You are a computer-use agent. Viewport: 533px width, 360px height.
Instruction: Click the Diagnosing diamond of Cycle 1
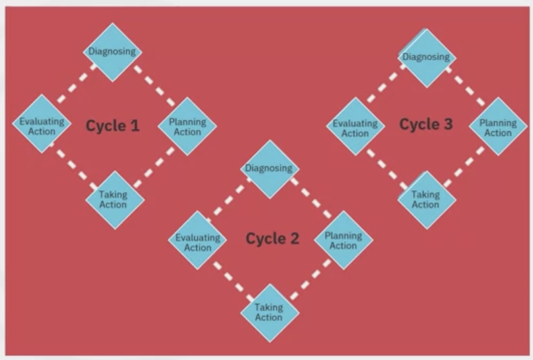click(x=112, y=51)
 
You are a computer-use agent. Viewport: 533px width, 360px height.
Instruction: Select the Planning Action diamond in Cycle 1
click(x=187, y=127)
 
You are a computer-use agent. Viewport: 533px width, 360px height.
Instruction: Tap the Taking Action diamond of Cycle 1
click(x=114, y=200)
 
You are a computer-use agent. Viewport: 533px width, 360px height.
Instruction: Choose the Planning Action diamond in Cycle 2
click(x=343, y=240)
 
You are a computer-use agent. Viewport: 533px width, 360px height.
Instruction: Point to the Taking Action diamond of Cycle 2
click(x=270, y=313)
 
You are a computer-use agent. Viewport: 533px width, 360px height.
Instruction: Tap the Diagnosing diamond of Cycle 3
click(x=426, y=58)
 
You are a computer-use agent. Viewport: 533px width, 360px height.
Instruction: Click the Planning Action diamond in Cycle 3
click(x=499, y=127)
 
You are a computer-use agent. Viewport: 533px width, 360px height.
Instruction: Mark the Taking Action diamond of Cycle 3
click(x=426, y=199)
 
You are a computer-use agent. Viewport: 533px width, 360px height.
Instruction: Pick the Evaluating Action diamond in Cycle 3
click(x=354, y=127)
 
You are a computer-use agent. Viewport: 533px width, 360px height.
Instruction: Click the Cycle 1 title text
click(x=113, y=126)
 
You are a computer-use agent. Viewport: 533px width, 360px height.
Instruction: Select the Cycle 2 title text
click(x=273, y=239)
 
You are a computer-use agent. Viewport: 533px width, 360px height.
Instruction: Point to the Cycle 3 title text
click(x=425, y=124)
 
